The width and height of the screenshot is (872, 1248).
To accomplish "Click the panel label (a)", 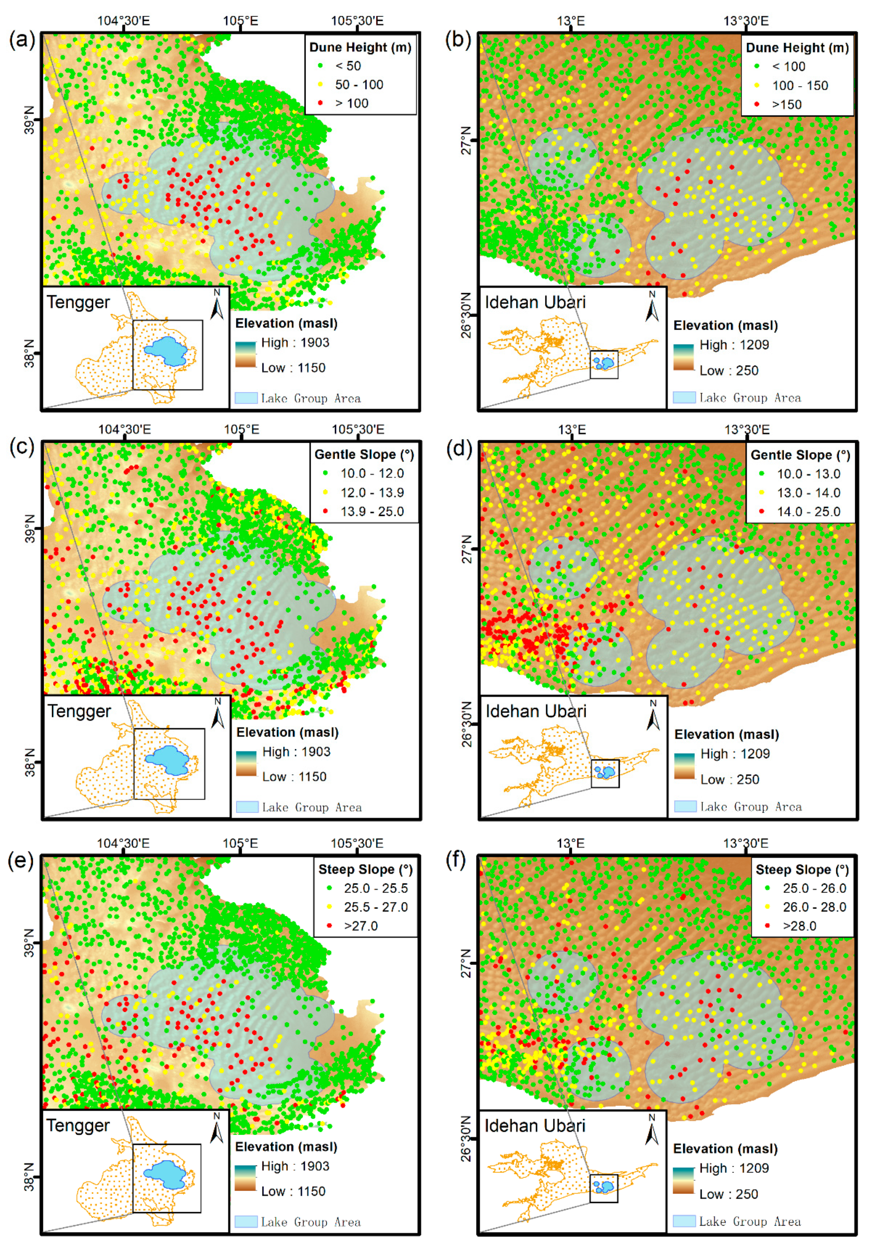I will point(22,40).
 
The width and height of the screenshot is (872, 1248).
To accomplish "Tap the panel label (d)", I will point(458,449).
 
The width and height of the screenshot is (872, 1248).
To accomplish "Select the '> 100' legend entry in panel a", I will point(351,103).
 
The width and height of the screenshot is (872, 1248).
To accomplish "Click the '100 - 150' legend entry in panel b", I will point(799,85).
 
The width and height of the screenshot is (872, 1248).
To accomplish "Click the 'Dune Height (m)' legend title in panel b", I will point(797,48).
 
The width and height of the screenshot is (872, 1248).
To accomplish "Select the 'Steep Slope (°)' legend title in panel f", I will point(801,870).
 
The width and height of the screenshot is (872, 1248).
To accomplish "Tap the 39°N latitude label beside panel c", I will point(30,528).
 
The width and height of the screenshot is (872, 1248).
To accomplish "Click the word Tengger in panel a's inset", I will point(78,302).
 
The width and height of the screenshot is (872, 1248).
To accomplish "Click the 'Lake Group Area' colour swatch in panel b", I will point(684,397).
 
